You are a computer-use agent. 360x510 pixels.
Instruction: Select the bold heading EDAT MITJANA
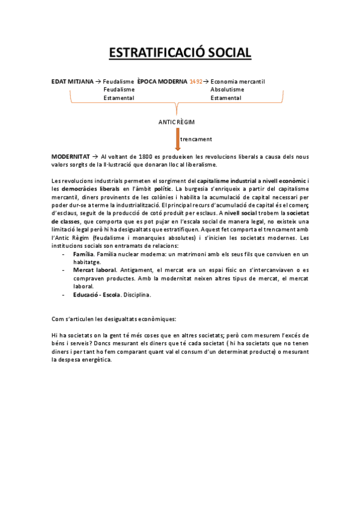tap(73, 81)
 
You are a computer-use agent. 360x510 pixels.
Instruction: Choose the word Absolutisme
tap(227, 90)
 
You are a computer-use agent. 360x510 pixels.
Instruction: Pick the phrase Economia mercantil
tap(238, 81)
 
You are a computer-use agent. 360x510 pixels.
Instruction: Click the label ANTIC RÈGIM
tap(177, 121)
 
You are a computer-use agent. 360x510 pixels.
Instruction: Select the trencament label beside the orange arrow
tap(197, 139)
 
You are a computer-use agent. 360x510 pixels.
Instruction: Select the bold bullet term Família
tap(83, 255)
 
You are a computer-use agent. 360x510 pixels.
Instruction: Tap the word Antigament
tap(136, 271)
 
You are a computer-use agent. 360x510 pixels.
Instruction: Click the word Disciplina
tap(137, 295)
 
